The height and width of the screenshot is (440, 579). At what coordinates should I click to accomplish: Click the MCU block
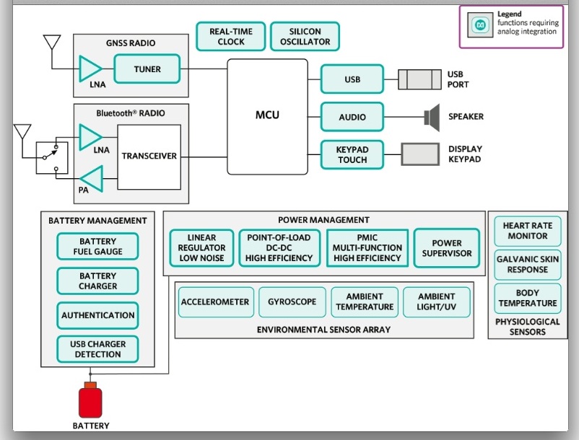tap(267, 115)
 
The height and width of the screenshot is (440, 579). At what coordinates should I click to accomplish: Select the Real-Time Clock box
tap(231, 37)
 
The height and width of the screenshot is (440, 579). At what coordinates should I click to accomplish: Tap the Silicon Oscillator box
tap(305, 37)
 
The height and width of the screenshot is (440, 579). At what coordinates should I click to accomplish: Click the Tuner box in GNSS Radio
tap(147, 69)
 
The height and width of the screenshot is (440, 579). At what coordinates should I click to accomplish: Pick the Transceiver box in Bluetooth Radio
tap(149, 156)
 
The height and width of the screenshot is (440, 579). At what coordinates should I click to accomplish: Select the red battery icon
tap(90, 402)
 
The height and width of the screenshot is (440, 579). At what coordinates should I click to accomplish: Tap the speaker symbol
tap(432, 117)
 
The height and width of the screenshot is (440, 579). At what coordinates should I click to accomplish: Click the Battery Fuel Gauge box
tap(97, 247)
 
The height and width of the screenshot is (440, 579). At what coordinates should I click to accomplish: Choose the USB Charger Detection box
tap(97, 349)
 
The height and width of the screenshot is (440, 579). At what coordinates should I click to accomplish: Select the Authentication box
tap(97, 315)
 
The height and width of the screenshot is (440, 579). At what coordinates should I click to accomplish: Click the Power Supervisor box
tap(447, 248)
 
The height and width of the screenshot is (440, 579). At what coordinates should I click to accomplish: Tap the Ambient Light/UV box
tap(437, 302)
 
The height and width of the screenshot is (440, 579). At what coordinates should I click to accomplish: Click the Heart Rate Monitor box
tap(527, 231)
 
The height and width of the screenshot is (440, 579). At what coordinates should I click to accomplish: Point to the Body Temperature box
tap(527, 298)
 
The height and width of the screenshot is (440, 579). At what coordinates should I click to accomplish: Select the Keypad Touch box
tap(352, 154)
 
